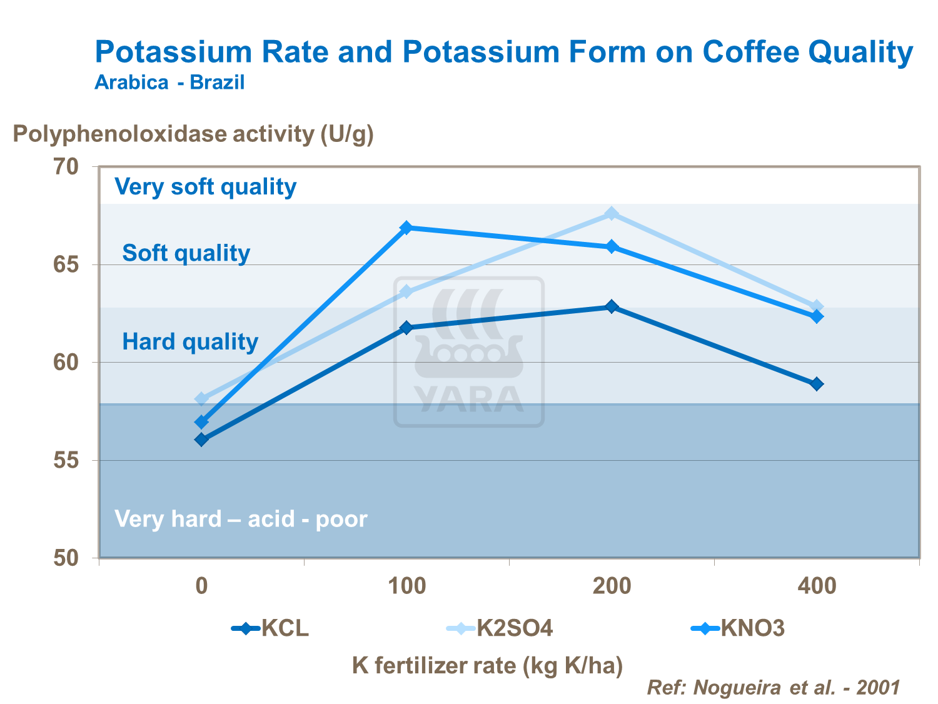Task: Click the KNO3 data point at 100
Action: (x=406, y=228)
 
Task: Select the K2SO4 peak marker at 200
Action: (x=612, y=214)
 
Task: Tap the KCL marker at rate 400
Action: (x=817, y=384)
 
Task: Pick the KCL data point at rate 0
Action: (x=201, y=440)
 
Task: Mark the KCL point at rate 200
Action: (x=612, y=306)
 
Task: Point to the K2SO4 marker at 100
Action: (x=406, y=292)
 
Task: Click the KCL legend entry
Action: (x=271, y=628)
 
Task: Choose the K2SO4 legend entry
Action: (x=500, y=628)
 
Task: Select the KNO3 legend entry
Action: (x=738, y=628)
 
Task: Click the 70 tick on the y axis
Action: (x=66, y=167)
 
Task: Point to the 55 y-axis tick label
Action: (x=66, y=460)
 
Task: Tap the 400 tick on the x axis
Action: (x=817, y=586)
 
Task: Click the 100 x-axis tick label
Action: (x=406, y=586)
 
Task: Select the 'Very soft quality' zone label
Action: (x=206, y=187)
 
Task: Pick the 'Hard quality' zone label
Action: (x=190, y=342)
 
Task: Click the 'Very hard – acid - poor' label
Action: (x=241, y=519)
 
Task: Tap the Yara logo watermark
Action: (x=469, y=352)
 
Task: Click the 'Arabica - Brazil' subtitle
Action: (x=169, y=83)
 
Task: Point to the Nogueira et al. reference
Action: (x=773, y=688)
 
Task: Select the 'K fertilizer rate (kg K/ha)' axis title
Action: (x=488, y=666)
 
